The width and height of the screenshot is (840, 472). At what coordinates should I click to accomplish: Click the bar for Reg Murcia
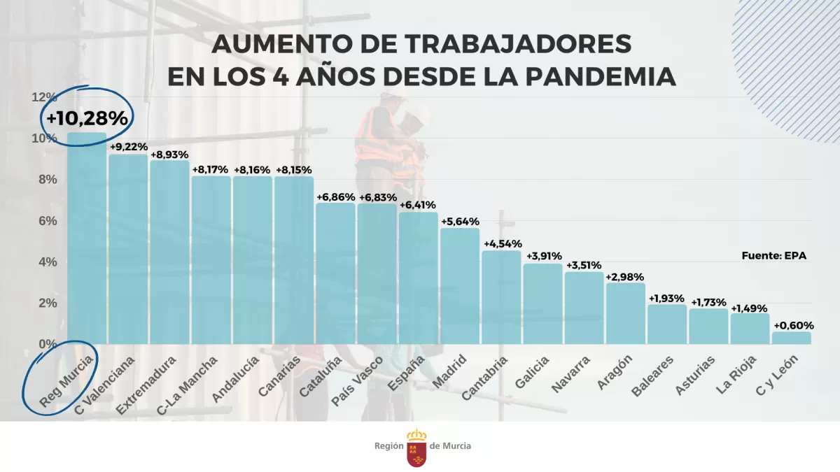(x=87, y=238)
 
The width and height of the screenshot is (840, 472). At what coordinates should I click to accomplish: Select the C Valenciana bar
(x=128, y=249)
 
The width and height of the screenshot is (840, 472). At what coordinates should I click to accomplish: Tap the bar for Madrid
(x=460, y=286)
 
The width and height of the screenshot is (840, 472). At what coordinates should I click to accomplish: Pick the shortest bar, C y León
(x=792, y=338)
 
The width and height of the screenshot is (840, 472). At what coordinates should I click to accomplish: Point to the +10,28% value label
(x=87, y=118)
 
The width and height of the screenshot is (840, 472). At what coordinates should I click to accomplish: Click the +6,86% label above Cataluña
(x=335, y=197)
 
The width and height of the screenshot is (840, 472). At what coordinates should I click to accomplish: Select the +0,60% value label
(x=792, y=325)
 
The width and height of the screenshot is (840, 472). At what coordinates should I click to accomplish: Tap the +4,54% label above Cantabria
(x=501, y=244)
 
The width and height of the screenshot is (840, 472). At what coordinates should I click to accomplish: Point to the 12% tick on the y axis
(x=44, y=96)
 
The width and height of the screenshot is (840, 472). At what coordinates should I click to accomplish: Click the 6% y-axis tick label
(x=47, y=220)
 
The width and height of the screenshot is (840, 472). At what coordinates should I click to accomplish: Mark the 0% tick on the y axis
(x=47, y=344)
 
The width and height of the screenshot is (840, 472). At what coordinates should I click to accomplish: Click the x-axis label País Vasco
(x=357, y=382)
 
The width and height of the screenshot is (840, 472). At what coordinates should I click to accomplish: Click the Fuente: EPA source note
(x=773, y=256)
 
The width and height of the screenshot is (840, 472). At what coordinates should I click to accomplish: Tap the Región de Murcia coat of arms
(x=416, y=448)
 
